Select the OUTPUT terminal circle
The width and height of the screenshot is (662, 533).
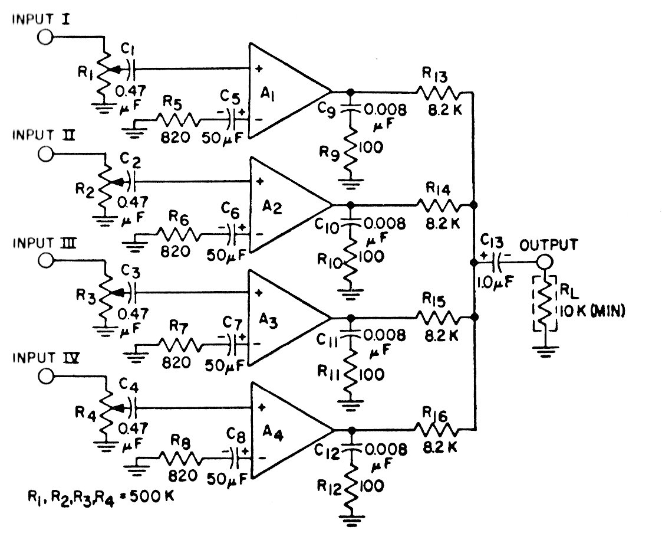tap(543, 261)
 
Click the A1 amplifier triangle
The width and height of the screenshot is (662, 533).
tap(283, 91)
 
